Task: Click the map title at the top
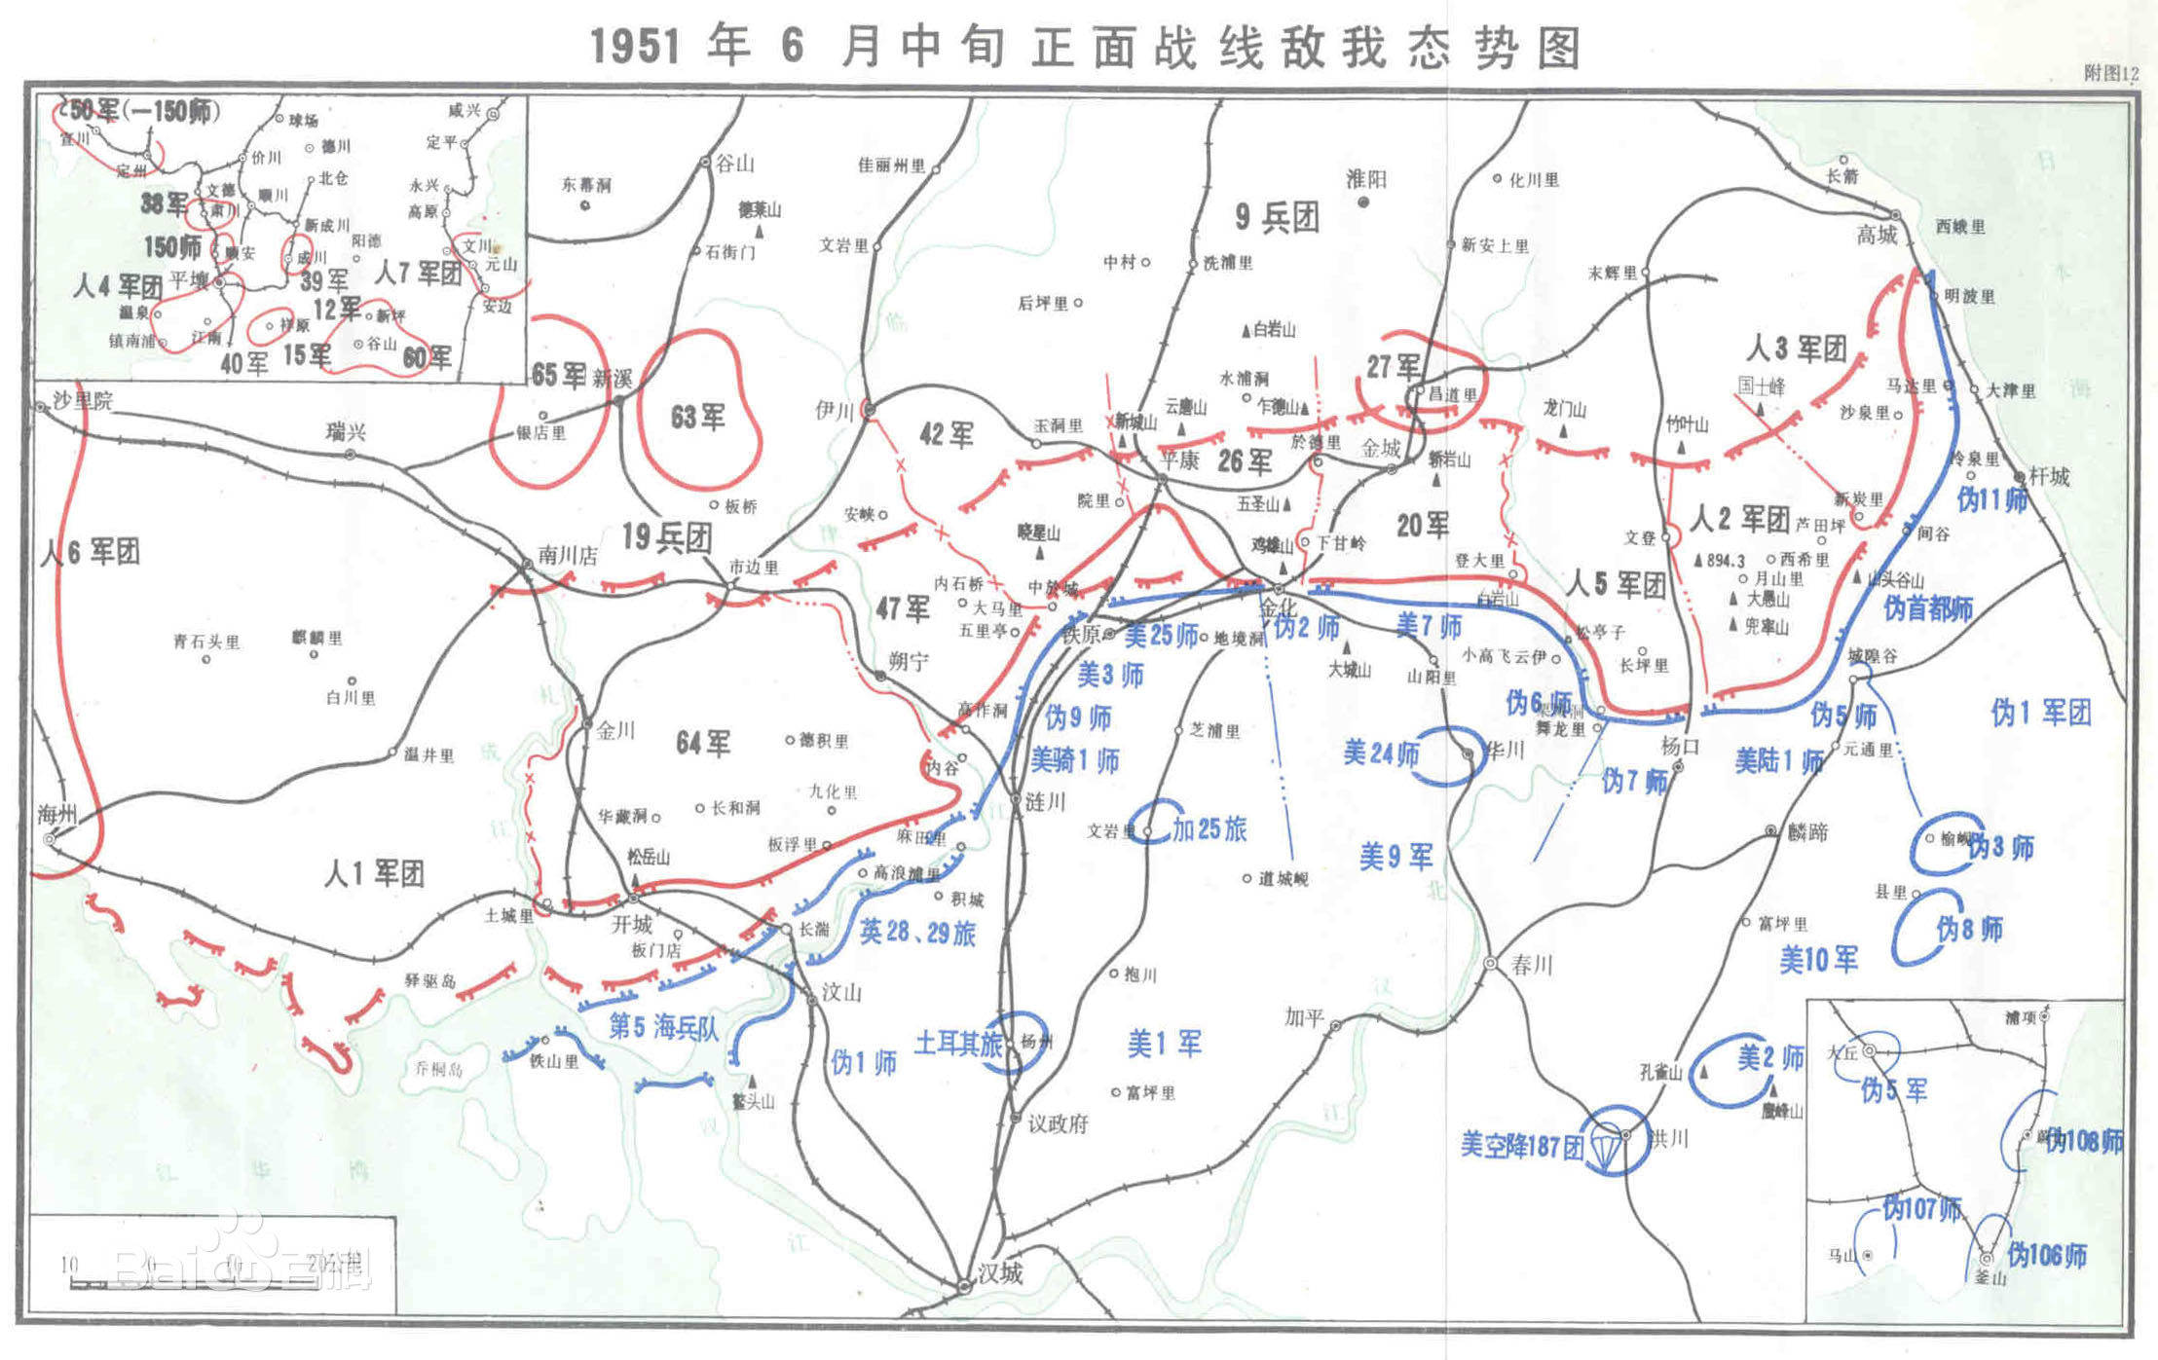pos(1085,47)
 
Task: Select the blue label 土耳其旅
pos(957,1044)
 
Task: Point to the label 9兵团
pos(1277,218)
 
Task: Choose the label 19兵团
pos(666,537)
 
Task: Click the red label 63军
pos(697,418)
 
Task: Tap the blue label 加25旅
pos(1209,829)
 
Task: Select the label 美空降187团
pos(1521,1145)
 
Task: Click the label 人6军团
pos(90,552)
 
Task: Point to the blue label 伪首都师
pos(1927,609)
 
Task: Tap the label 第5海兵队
pos(663,1027)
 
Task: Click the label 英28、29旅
pos(916,933)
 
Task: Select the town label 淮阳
pos(1365,179)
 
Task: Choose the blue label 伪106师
pos(2046,1256)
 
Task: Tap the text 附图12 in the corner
pos(2110,73)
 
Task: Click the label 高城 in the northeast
pos(1876,235)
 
